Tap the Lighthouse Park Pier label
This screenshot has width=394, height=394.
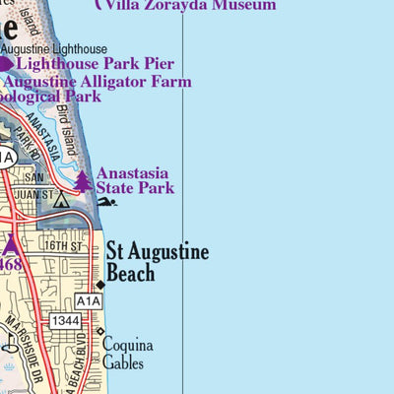pyautogui.click(x=95, y=63)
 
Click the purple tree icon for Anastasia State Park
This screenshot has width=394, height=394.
pyautogui.click(x=82, y=181)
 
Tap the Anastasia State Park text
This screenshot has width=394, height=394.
pyautogui.click(x=135, y=180)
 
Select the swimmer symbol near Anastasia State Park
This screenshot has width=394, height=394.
pyautogui.click(x=106, y=202)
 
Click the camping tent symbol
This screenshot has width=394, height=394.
pyautogui.click(x=60, y=200)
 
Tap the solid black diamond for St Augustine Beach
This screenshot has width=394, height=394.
pyautogui.click(x=100, y=286)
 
